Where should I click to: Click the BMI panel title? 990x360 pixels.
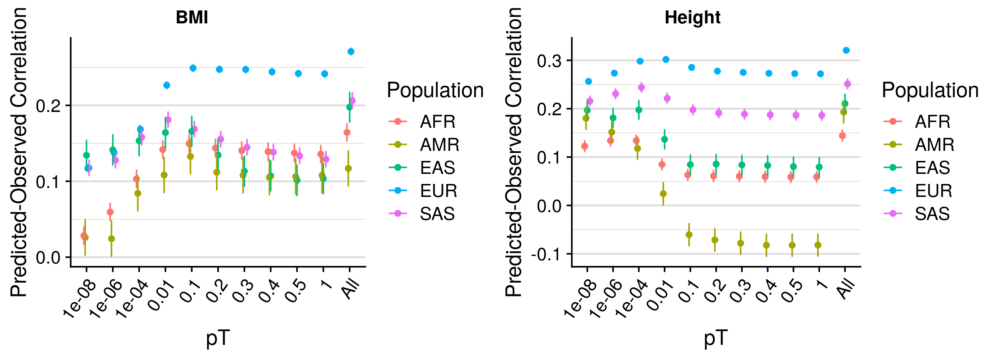[192, 18]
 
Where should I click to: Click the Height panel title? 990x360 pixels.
[692, 18]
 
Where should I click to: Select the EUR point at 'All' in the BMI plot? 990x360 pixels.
[351, 51]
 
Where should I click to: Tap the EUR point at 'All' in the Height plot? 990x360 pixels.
[846, 50]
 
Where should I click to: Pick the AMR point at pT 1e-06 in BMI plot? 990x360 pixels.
[112, 239]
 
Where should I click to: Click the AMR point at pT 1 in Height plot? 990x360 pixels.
[818, 245]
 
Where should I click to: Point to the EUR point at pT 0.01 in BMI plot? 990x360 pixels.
[167, 85]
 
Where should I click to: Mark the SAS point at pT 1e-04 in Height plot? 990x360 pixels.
[642, 87]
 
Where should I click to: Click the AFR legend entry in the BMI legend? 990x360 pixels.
[437, 122]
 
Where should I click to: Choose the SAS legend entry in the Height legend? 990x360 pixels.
[932, 213]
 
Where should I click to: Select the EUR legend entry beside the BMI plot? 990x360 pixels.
[438, 191]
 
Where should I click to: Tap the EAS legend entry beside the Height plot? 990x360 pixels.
[932, 168]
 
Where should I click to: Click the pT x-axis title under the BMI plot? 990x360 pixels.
[217, 338]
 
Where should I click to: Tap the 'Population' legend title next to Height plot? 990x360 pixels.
[930, 91]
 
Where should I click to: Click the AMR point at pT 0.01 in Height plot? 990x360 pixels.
[663, 194]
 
